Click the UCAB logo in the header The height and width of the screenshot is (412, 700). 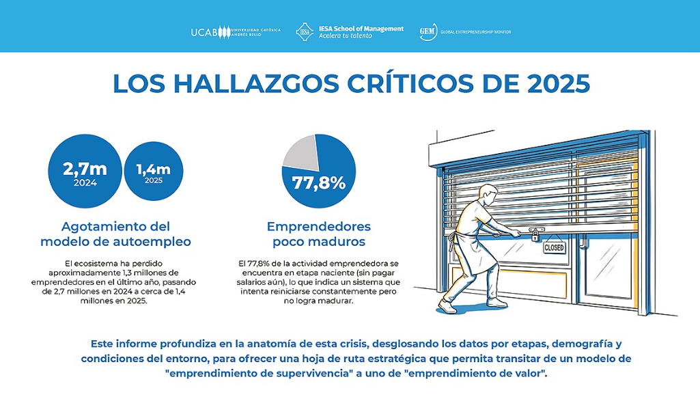(x=236, y=32)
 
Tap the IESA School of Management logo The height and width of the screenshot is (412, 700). (x=349, y=32)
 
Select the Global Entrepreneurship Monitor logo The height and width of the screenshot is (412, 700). (x=464, y=32)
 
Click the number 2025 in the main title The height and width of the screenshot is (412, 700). (x=550, y=83)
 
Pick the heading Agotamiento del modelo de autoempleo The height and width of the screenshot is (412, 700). (x=115, y=234)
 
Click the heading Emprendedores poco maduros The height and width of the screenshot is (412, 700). (x=318, y=234)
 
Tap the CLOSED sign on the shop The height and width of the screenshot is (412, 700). (x=553, y=247)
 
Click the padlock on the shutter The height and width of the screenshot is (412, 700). (x=536, y=236)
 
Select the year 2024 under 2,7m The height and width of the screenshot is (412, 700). (x=85, y=182)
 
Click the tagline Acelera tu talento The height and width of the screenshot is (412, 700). (x=346, y=36)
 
